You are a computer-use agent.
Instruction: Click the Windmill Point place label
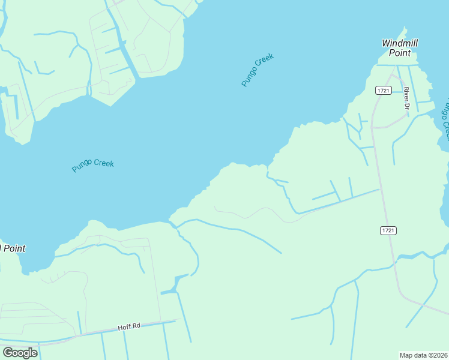(x=400, y=48)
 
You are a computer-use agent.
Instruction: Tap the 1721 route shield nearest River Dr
(x=384, y=90)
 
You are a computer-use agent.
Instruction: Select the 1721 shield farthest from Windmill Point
(x=388, y=230)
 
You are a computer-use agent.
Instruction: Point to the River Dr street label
(x=407, y=98)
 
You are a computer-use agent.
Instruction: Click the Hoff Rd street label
(x=128, y=326)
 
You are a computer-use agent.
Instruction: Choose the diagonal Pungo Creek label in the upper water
(x=258, y=70)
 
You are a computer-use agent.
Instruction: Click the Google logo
(x=20, y=352)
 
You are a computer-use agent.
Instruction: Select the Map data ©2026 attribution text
(x=424, y=355)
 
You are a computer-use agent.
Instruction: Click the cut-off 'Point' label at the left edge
(x=13, y=248)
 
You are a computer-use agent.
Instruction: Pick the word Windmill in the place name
(x=400, y=43)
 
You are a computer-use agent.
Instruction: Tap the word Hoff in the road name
(x=124, y=327)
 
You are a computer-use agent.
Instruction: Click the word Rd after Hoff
(x=136, y=326)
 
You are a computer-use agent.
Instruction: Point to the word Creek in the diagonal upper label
(x=265, y=62)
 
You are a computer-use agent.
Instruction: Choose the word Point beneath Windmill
(x=400, y=53)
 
